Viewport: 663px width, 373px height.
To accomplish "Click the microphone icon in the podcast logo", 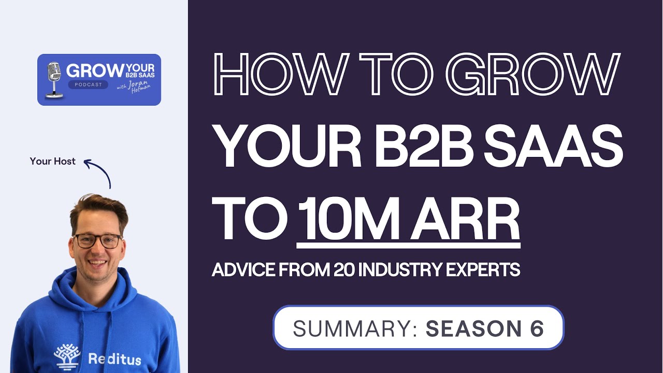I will coord(53,79).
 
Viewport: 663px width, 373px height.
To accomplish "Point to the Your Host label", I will coord(53,161).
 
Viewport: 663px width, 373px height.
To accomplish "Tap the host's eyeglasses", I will coord(97,240).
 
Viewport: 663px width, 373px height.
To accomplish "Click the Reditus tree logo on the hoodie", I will coord(67,356).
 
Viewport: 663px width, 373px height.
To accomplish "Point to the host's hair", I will coord(98,207).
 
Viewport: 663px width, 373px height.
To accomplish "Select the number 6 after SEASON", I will coord(537,328).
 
